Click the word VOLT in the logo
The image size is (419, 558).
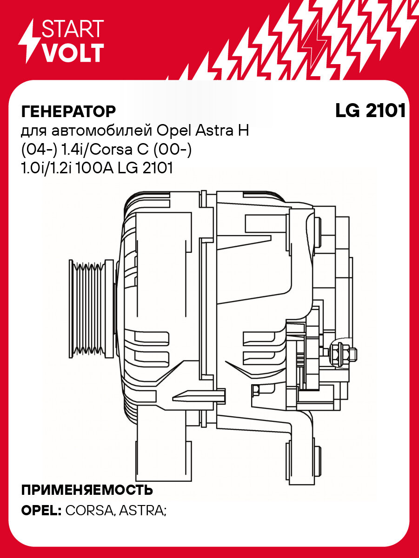73,53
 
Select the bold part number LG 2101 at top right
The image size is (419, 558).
370,111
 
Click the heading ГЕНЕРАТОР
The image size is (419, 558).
68,112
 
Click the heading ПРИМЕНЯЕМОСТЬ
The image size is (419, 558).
87,490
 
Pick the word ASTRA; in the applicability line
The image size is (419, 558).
142,510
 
